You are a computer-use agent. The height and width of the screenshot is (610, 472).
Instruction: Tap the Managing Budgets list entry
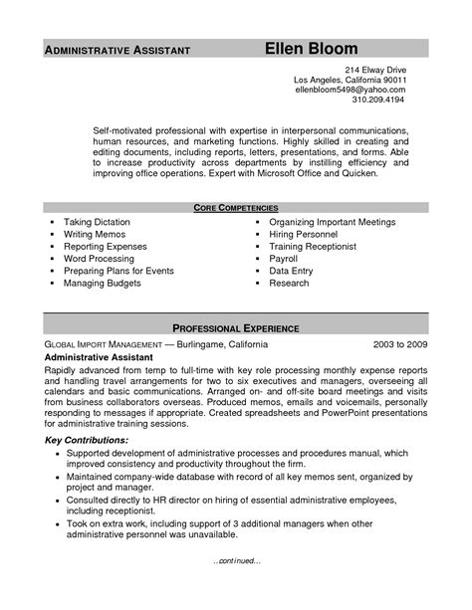[x=102, y=284]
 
